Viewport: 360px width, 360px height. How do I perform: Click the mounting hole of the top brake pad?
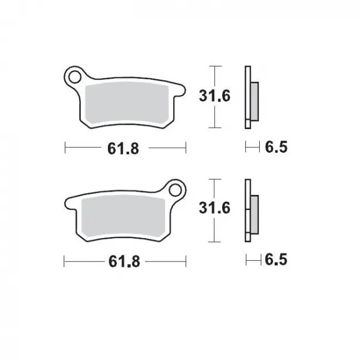(72, 75)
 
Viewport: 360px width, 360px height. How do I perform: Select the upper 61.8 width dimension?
(125, 148)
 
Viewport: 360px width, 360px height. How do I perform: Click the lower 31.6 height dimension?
(213, 209)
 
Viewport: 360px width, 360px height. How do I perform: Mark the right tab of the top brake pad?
(178, 91)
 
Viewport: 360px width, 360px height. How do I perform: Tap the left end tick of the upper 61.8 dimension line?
(65, 148)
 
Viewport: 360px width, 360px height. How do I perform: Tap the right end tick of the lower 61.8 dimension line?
(185, 260)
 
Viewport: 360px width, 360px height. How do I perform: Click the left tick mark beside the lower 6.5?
(247, 260)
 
